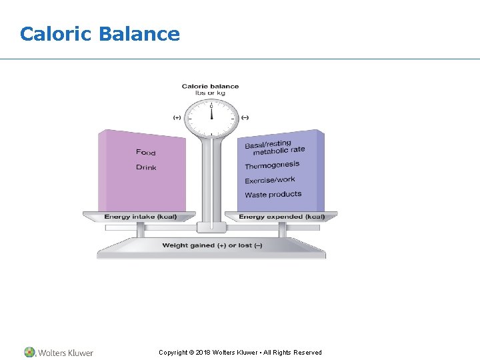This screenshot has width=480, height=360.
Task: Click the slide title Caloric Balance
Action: point(100,34)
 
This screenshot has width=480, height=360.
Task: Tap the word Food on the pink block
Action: point(145,153)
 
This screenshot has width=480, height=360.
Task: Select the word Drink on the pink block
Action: point(146,167)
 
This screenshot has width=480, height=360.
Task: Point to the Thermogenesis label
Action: point(272,165)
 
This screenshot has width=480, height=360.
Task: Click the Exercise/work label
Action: point(270,180)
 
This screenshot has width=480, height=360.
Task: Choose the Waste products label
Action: point(273,195)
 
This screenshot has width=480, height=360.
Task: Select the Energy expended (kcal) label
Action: point(281,217)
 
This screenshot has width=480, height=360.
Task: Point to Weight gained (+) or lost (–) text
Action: point(212,245)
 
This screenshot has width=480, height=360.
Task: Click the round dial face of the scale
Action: point(211,117)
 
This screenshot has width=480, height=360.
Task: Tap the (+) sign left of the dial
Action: point(177,117)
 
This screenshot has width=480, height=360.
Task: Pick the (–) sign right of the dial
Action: point(245,117)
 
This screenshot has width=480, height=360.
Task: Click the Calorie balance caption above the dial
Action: point(210,86)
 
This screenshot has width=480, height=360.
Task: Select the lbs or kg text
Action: point(210,93)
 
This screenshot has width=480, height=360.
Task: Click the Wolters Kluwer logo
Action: point(59,352)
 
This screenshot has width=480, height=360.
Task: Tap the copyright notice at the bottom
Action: point(240,352)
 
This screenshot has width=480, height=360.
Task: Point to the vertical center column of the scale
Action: point(211,180)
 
